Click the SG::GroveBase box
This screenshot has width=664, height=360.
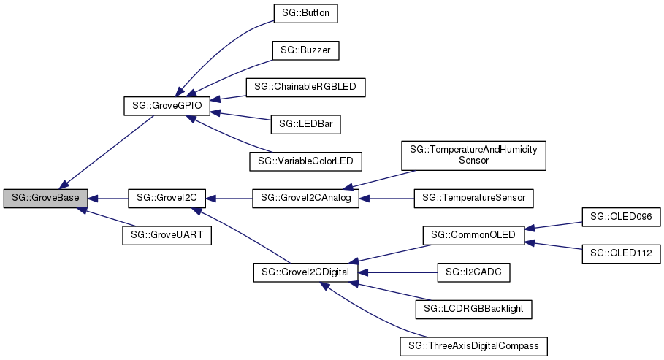click(46, 198)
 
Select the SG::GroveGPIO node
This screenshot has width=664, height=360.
click(167, 106)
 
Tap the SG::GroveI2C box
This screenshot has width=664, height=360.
click(167, 198)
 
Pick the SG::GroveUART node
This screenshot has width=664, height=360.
click(167, 235)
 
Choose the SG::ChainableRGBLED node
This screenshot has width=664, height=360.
click(305, 87)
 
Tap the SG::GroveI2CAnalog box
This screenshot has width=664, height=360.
click(305, 198)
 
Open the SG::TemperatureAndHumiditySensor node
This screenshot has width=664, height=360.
click(473, 155)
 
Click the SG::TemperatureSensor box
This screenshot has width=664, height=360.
click(473, 198)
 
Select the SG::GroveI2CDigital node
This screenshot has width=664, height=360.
click(305, 272)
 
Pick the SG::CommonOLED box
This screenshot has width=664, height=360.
click(473, 235)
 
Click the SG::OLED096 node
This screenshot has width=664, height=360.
click(621, 216)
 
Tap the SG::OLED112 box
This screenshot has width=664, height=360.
click(621, 253)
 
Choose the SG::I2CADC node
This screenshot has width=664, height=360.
click(473, 272)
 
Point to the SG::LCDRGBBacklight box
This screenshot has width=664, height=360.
click(473, 309)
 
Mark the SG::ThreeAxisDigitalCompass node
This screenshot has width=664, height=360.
click(473, 345)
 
